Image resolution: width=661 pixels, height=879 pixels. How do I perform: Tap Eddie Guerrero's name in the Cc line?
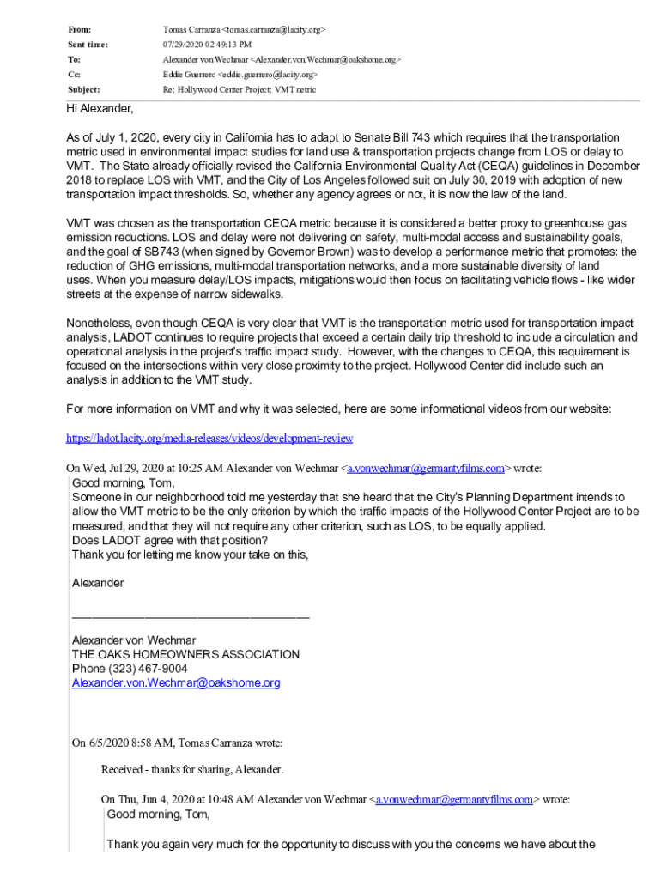tap(191, 75)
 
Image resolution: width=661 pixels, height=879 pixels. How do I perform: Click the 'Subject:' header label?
tap(83, 89)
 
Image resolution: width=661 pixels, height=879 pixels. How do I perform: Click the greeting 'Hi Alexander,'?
tap(100, 110)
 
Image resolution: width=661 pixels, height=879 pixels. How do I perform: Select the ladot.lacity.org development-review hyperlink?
tap(209, 438)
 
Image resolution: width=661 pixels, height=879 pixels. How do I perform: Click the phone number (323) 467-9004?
tap(130, 669)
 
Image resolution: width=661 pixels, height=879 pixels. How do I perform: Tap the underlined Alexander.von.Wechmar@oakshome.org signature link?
tap(176, 683)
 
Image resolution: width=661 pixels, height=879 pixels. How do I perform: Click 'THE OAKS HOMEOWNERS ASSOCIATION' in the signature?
tap(185, 654)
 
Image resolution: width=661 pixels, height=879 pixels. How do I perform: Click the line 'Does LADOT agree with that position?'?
tap(169, 541)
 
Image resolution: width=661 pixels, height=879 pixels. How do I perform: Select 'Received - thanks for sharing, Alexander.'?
tap(191, 769)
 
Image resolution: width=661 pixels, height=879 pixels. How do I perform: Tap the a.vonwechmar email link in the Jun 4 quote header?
tap(453, 799)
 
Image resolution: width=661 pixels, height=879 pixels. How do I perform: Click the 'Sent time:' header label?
tap(88, 45)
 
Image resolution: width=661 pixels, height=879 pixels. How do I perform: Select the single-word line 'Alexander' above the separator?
tap(98, 584)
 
